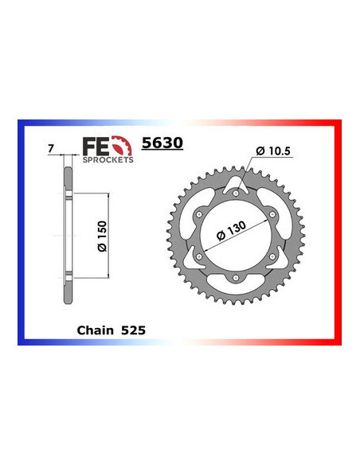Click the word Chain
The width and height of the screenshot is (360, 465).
pos(94,327)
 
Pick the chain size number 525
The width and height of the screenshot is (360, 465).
pos(131,327)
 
